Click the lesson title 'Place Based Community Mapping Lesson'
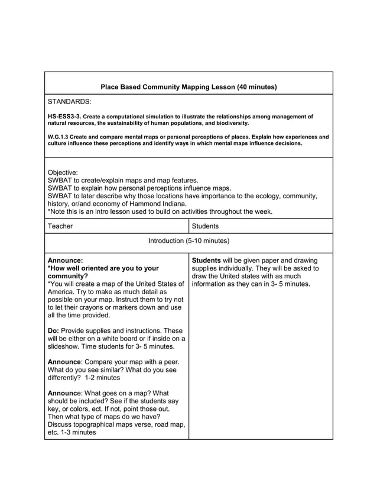point(167,87)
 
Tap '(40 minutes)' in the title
point(256,87)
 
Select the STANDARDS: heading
point(69,102)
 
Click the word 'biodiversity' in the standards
point(232,124)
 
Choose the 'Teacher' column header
point(60,226)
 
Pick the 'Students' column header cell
point(205,226)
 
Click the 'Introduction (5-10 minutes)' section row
point(188,241)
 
